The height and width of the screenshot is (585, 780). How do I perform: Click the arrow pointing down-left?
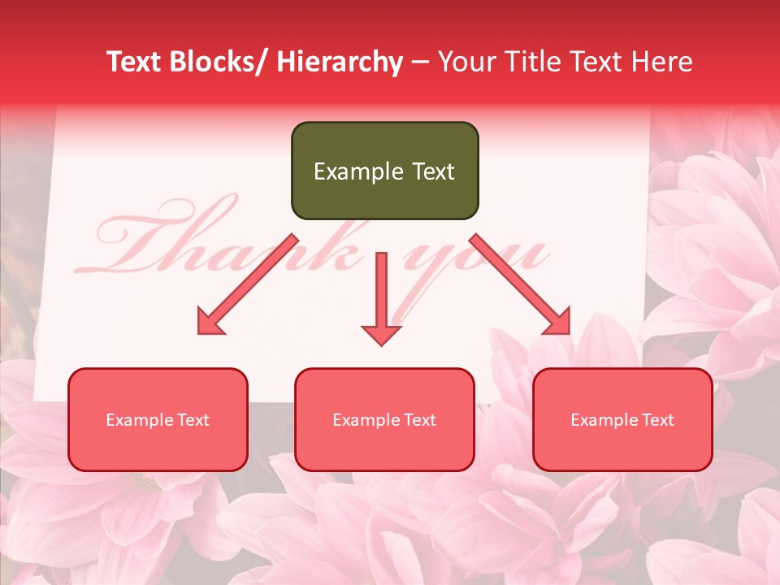pyautogui.click(x=245, y=286)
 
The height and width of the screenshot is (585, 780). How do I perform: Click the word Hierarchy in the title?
pyautogui.click(x=340, y=62)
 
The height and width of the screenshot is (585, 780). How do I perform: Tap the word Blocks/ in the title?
pyautogui.click(x=223, y=62)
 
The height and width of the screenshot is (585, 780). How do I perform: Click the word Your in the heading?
pyautogui.click(x=467, y=62)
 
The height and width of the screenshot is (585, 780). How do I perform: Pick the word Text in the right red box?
pyautogui.click(x=658, y=420)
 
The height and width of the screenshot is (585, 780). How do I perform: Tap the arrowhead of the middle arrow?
pyautogui.click(x=381, y=333)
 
